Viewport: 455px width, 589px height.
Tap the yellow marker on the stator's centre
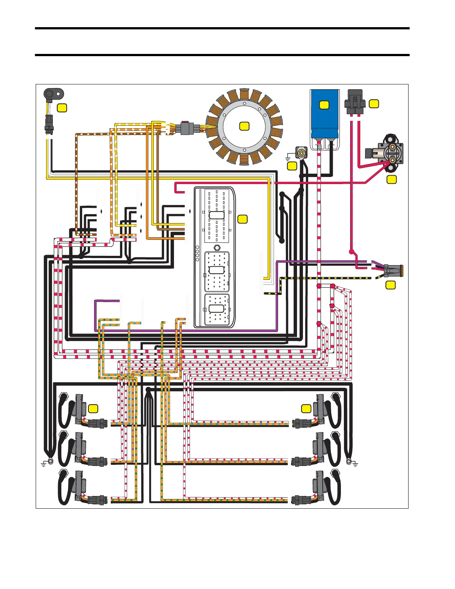pos(244,126)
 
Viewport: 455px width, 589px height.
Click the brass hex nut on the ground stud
pos(301,153)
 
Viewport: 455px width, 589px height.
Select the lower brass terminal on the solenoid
pos(392,161)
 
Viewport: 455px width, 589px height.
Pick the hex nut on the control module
pos(216,248)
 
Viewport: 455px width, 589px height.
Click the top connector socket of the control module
pos(216,215)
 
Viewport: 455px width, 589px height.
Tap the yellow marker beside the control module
pos(242,219)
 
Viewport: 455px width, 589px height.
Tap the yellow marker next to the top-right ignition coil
pos(306,408)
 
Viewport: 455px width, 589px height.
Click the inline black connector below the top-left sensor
pos(49,123)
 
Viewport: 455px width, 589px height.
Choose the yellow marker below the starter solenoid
pos(391,180)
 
